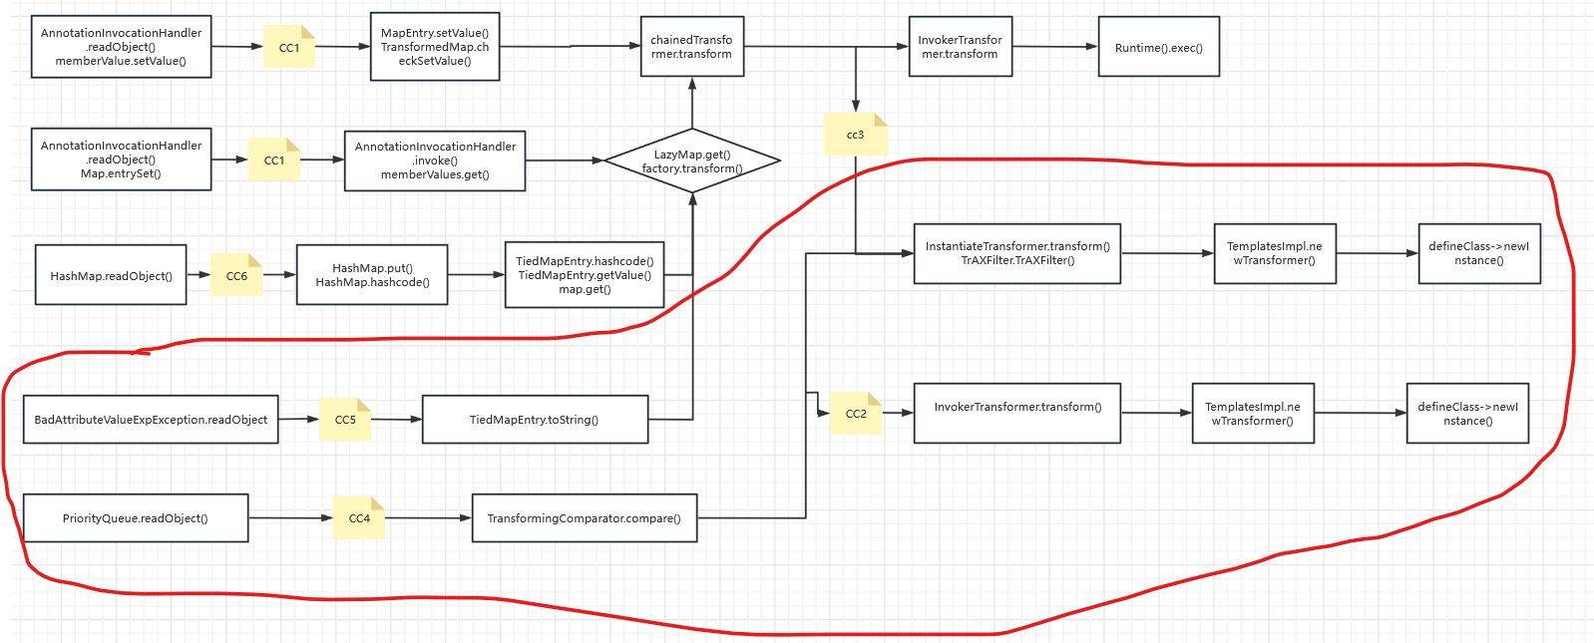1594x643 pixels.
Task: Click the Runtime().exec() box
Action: tap(1158, 47)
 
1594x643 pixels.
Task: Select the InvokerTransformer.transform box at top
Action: tap(960, 47)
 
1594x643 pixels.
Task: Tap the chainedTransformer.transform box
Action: tap(691, 47)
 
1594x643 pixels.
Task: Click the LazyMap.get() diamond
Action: tap(691, 161)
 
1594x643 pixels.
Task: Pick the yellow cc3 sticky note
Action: tap(855, 135)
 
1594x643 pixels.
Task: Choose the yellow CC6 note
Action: tap(236, 276)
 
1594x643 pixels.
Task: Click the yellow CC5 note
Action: tap(345, 420)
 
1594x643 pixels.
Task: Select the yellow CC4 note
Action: tap(359, 518)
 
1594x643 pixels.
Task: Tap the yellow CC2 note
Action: tap(856, 414)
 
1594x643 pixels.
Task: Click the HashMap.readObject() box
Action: tap(111, 276)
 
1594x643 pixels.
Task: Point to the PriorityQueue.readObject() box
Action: tap(135, 518)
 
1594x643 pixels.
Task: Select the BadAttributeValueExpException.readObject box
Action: tap(151, 420)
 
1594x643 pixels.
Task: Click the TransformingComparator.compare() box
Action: tap(584, 518)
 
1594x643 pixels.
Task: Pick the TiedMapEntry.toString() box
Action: tap(535, 420)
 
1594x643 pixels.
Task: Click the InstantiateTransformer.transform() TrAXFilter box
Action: tap(1016, 253)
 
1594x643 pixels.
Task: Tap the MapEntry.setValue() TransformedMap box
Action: tap(434, 47)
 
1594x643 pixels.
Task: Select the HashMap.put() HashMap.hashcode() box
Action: tap(372, 275)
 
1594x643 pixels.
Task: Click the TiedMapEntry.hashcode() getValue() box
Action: tap(585, 275)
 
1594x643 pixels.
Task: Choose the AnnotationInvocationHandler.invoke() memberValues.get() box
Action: tap(435, 161)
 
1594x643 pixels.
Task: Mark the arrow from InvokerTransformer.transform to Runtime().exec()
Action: tap(1054, 47)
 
